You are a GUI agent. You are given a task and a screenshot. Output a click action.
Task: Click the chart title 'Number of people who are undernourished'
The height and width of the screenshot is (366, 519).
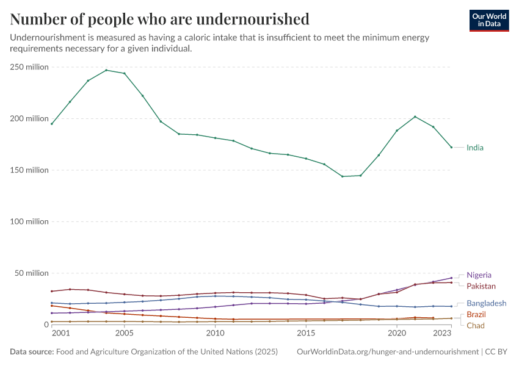[x=159, y=19]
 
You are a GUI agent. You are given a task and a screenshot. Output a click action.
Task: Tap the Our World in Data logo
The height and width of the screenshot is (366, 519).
[x=489, y=20]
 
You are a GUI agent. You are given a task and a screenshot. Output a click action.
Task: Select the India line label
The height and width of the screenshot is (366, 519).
[x=475, y=148]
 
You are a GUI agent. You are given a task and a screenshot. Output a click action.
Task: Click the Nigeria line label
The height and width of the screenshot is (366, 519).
[x=479, y=275]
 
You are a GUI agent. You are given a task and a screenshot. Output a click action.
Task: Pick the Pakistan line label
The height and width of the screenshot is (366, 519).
[x=481, y=286]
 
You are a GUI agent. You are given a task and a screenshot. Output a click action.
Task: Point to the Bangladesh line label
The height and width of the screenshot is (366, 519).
[x=486, y=303]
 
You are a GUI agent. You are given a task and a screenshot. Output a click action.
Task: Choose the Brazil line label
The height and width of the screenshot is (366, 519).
[x=476, y=314]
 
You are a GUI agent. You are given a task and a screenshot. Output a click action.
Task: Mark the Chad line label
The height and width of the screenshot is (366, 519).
[x=476, y=326]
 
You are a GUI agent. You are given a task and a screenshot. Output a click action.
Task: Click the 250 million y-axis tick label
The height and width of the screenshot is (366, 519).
[x=29, y=67]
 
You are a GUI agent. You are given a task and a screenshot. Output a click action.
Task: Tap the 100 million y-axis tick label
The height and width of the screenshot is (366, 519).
[x=29, y=221]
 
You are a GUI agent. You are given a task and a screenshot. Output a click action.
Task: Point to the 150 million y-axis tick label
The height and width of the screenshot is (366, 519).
[x=29, y=170]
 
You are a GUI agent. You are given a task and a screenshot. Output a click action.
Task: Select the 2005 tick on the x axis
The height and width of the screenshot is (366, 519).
[x=124, y=333]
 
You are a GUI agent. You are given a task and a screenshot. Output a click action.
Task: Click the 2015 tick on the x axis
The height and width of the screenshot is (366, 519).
[x=306, y=333]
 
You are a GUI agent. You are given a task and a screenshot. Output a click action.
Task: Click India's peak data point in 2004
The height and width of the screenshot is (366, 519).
[x=106, y=70]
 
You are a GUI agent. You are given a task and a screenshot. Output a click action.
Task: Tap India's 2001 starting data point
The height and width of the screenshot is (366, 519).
[x=52, y=124]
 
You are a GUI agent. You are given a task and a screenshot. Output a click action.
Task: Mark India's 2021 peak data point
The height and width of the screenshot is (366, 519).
[x=415, y=117]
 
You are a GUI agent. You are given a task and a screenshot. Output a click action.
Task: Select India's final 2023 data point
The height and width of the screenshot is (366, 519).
[x=451, y=147]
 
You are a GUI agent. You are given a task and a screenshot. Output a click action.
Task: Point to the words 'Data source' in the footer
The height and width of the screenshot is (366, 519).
[x=31, y=352]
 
